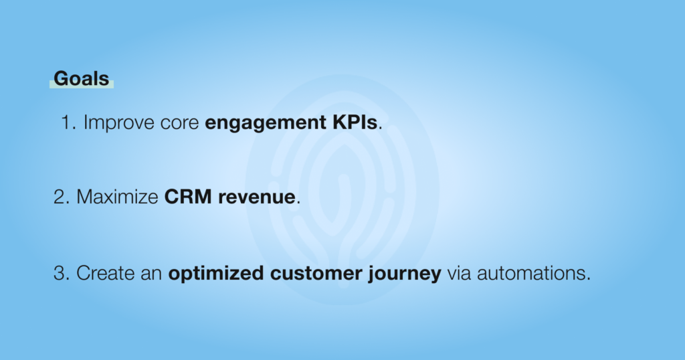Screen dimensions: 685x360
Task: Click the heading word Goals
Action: (81, 79)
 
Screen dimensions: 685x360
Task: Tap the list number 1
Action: (66, 122)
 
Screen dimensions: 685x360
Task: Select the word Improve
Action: (119, 123)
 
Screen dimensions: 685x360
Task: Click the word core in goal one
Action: (179, 124)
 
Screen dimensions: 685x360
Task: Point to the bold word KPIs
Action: (355, 122)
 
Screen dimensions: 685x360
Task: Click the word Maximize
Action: (117, 197)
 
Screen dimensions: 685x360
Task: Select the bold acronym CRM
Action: (188, 197)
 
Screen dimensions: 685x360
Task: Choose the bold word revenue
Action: (257, 198)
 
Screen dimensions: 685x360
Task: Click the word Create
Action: (105, 273)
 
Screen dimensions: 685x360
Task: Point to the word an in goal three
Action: (151, 275)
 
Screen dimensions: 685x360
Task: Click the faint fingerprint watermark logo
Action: (342, 190)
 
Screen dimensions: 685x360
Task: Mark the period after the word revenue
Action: (298, 202)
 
